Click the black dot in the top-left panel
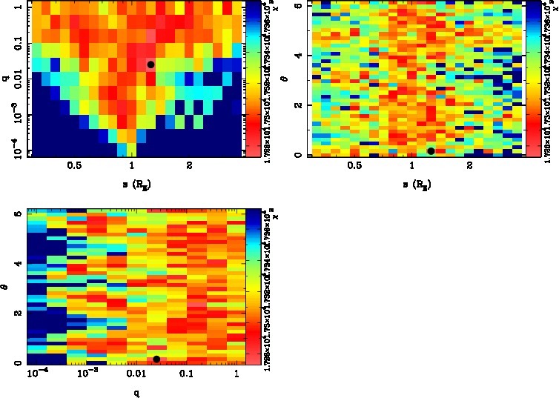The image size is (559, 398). pos(150,64)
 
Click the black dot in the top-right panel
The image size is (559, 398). pos(431,151)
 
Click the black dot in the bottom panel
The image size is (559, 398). pos(156,359)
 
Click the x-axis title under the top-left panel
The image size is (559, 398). pos(133,182)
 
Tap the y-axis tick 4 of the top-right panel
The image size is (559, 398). pos(297,56)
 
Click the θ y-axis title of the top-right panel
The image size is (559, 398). pos(286,79)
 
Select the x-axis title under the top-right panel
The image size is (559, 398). pos(413,182)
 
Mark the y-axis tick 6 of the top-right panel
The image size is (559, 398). pos(297,6)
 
